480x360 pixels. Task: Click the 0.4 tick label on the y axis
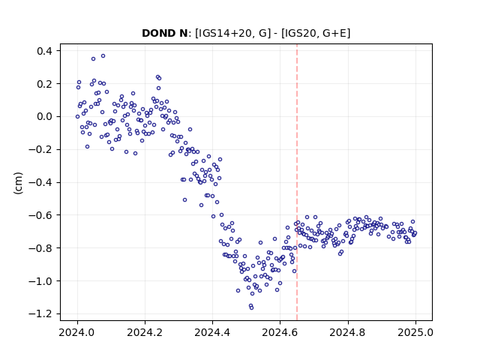pos(44,51)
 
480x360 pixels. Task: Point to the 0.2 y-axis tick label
pos(44,83)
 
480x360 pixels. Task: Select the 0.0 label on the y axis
pos(44,117)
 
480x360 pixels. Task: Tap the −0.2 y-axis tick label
pos(40,149)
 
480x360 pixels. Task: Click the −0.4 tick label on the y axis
pos(40,182)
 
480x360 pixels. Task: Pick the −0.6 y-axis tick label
pos(40,215)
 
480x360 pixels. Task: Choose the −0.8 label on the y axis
pos(40,248)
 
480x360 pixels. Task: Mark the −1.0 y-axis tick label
pos(40,281)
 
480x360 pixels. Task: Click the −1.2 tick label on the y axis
pos(40,313)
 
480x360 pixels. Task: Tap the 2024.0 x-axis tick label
pos(77,332)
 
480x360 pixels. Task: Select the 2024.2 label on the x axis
pos(145,332)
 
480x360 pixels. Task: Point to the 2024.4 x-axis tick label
pos(212,332)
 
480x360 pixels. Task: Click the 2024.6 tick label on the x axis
pos(280,332)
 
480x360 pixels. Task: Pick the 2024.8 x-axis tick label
pos(348,332)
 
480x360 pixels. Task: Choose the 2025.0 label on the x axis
pos(415,332)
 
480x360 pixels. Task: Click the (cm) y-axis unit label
pos(18,183)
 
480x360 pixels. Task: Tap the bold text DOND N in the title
pos(164,33)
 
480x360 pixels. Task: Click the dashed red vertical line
pos(297,182)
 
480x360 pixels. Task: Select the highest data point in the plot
pos(103,56)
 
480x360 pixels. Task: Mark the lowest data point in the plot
pos(252,308)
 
